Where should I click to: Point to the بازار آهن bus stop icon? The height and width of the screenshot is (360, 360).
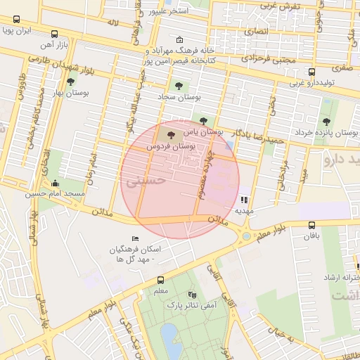[x=56, y=33]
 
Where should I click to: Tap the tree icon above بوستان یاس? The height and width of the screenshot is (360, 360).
[x=204, y=121]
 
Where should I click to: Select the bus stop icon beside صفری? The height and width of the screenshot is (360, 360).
[x=312, y=70]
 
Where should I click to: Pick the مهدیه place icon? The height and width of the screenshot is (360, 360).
[x=244, y=200]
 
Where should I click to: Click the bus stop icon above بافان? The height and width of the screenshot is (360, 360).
[x=312, y=225]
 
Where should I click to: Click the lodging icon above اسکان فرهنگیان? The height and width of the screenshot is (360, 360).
[x=136, y=239]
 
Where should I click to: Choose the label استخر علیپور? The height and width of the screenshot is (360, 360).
[x=169, y=12]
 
